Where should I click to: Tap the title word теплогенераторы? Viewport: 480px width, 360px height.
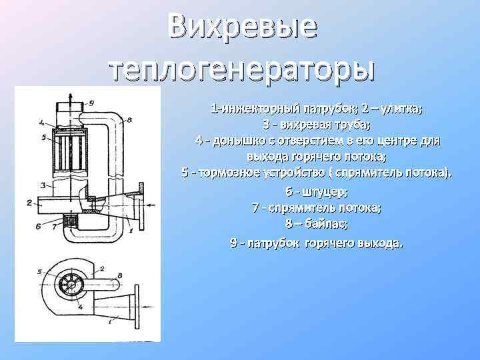tap(241, 68)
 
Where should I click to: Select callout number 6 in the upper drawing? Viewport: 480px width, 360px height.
tap(42, 227)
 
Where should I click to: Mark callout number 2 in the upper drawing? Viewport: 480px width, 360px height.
tap(29, 203)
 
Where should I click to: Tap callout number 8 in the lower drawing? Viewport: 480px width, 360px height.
tap(119, 273)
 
